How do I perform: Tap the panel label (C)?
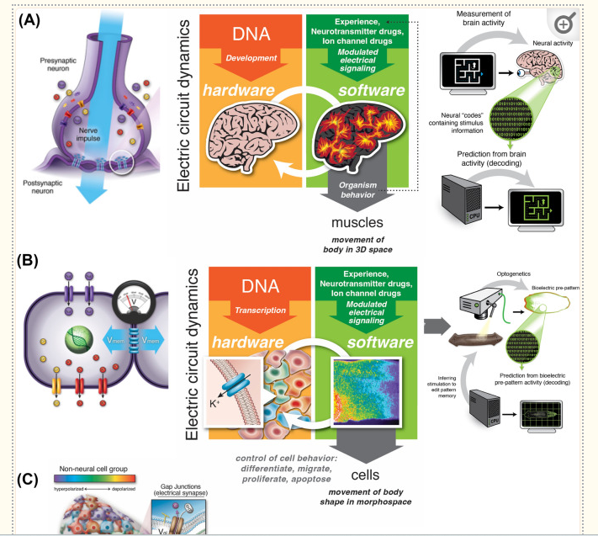coord(33,480)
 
